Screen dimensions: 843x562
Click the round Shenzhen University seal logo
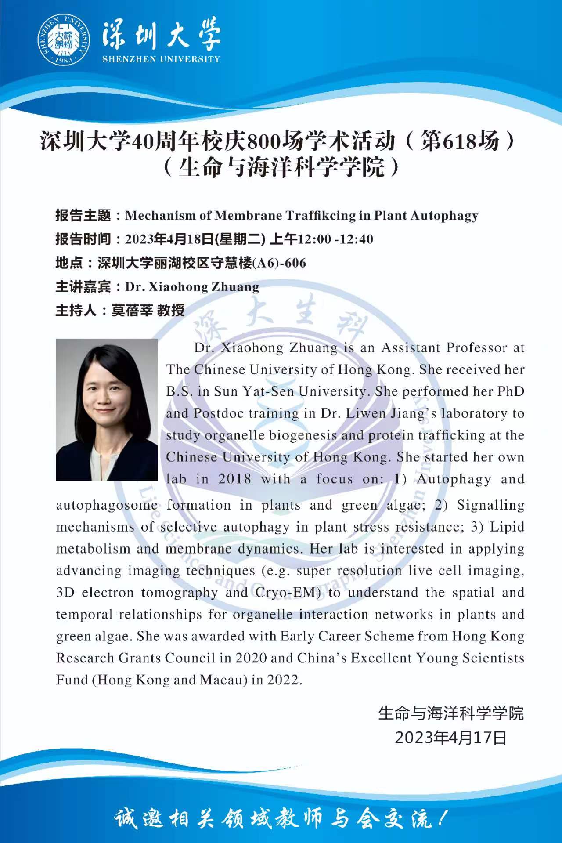coord(64,40)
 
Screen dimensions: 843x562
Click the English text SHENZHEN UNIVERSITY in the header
coord(161,59)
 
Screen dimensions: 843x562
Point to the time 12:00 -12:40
coord(335,239)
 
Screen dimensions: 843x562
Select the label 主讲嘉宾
coord(83,287)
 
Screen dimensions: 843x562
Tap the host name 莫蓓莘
coord(132,311)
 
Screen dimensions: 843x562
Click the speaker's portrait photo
coord(107,409)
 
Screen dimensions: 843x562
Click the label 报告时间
coord(83,239)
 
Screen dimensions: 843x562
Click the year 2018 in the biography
coord(234,479)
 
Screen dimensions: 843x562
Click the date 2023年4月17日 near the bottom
coord(451,738)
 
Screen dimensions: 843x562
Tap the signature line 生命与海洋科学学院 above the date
coord(451,713)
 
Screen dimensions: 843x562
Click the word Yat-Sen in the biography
coord(268,391)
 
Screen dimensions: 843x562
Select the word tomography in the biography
coord(179,593)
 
